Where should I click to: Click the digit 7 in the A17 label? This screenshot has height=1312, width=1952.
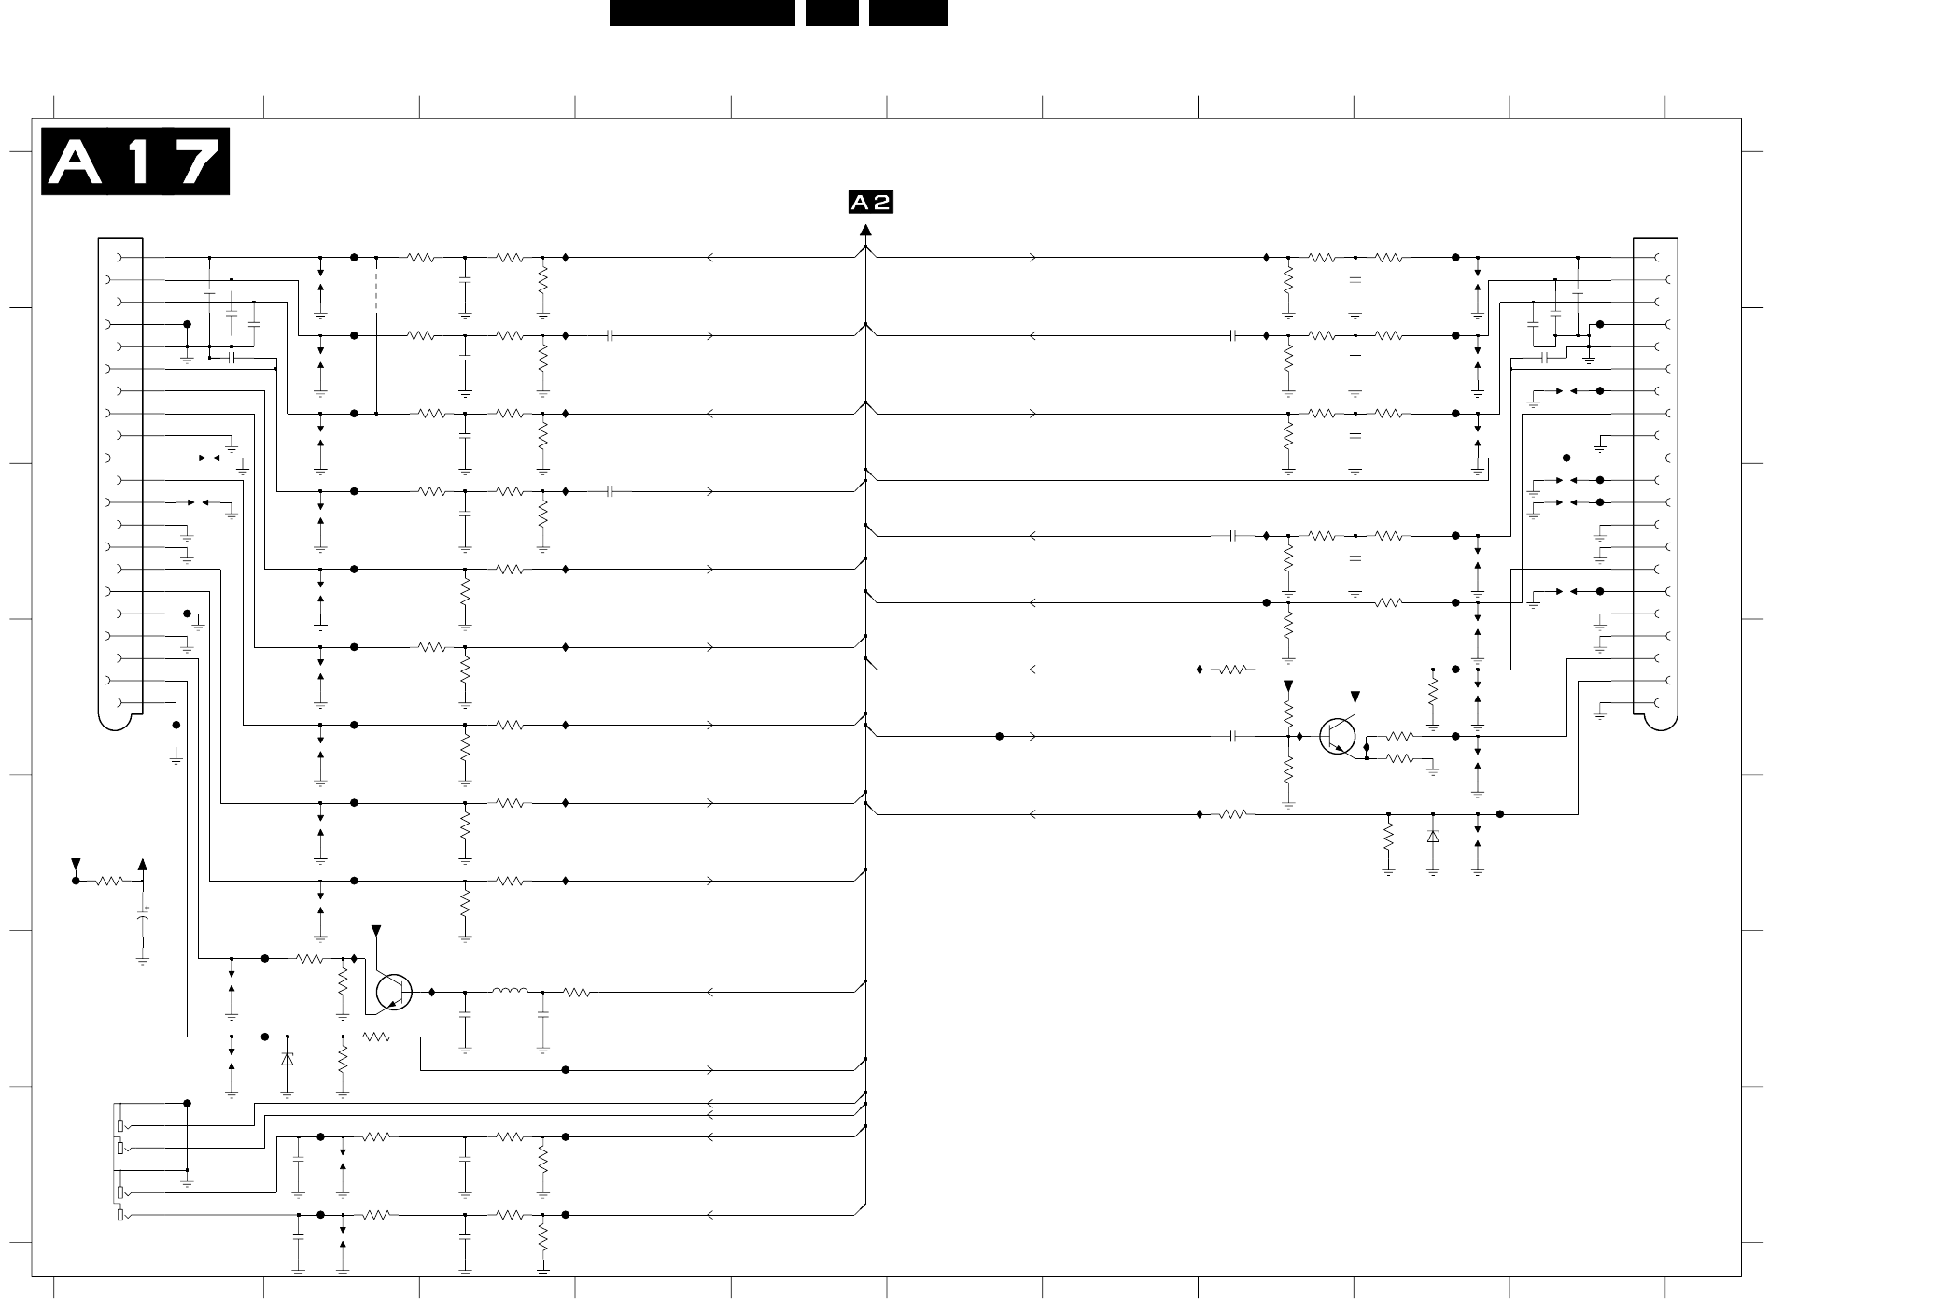pos(197,162)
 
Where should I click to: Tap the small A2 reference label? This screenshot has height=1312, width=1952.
pos(870,203)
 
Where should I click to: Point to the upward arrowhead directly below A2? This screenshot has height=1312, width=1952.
pos(865,231)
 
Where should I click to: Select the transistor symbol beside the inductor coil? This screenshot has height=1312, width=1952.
pos(394,992)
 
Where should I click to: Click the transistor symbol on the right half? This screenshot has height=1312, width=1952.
pos(1337,736)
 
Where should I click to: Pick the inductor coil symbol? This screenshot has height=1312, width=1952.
pos(510,992)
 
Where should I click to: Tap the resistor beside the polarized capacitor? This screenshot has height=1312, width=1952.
pos(109,881)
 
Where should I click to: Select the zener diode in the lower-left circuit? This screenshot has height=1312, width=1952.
pos(288,1059)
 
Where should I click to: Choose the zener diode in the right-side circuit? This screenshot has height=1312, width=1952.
pos(1433,837)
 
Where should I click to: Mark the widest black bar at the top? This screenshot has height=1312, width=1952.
pos(702,12)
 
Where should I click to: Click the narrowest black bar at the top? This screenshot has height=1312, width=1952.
pos(832,12)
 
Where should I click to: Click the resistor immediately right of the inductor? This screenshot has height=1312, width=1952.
pos(577,992)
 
